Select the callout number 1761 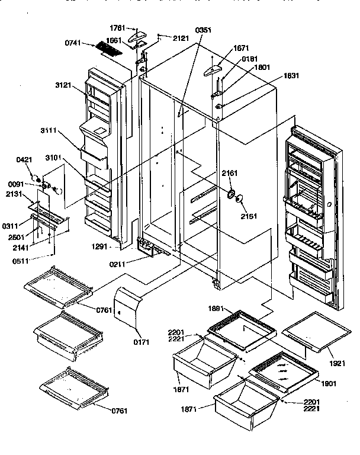(118, 27)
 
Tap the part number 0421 (24, 160)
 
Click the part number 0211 (133, 257)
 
